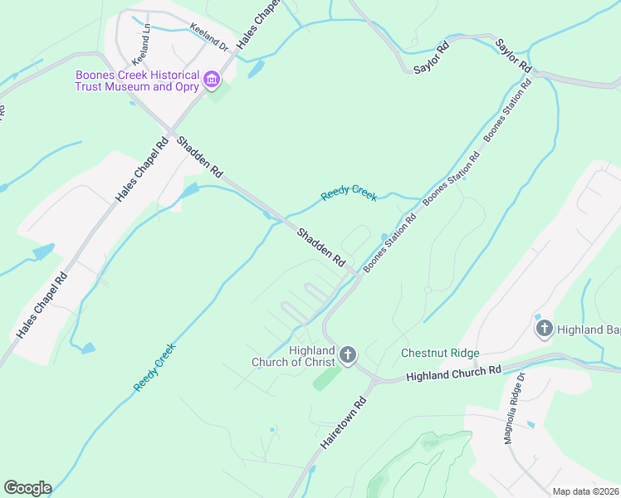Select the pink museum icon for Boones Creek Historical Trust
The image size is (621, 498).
(212, 81)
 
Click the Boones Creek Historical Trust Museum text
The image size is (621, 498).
(137, 81)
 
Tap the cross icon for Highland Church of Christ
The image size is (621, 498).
(348, 356)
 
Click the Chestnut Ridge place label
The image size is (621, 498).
(440, 353)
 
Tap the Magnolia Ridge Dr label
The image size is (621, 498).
(516, 408)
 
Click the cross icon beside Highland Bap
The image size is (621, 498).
(545, 330)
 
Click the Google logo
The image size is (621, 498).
(27, 488)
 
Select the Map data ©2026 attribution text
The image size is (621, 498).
(585, 491)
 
